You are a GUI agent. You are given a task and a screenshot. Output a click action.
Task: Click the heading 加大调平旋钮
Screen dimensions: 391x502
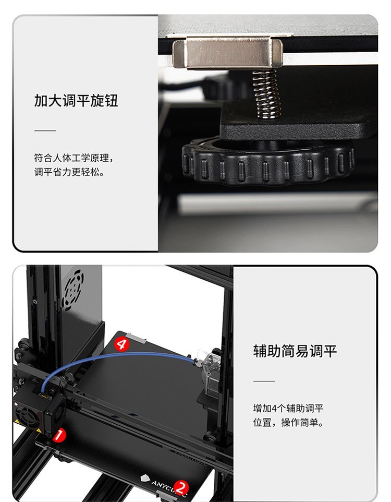coord(76,101)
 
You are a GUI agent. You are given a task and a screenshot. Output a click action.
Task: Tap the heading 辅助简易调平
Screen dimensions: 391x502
coord(295,351)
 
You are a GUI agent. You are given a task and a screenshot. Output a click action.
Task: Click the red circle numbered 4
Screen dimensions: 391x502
coord(121,344)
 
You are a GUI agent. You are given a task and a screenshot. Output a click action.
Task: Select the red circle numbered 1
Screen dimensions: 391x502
coord(59,435)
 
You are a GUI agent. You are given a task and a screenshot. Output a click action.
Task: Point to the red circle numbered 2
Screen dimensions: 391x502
coord(181,488)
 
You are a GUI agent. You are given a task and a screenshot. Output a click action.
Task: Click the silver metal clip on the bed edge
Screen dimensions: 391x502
coord(228,53)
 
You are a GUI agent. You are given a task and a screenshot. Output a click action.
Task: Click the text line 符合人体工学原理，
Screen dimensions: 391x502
coord(74,158)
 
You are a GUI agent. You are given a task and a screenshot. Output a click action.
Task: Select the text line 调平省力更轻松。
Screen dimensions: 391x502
coord(69,172)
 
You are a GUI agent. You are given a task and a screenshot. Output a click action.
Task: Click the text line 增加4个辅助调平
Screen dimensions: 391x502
coord(288,408)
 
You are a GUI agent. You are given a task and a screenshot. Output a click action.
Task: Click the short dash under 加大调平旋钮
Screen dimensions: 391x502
coord(45,130)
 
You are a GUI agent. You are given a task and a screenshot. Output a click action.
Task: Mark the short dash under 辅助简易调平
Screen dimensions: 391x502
coord(264,381)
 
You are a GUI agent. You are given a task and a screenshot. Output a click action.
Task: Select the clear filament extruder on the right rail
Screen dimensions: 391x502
coord(210,372)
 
